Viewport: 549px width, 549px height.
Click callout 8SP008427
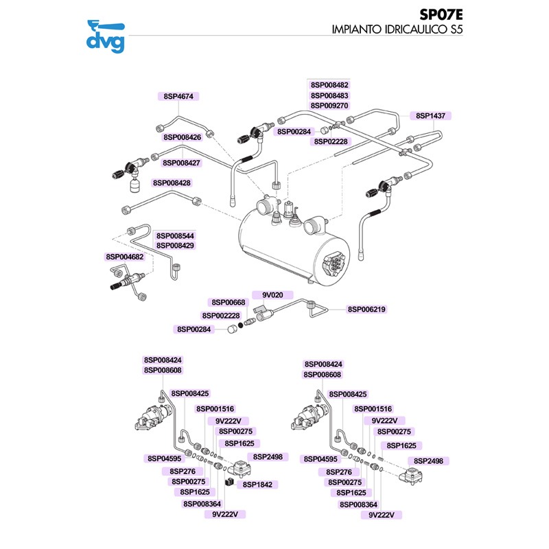pos(181,163)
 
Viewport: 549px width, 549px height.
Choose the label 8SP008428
pos(172,183)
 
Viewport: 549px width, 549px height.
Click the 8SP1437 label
pos(430,116)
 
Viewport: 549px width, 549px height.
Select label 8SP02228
pos(332,141)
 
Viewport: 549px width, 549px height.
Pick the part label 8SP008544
pos(175,235)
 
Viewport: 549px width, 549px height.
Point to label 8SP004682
pos(124,256)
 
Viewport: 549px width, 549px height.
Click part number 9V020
pos(272,294)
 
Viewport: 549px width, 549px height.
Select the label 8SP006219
pos(366,309)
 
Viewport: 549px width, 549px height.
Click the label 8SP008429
pos(175,245)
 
